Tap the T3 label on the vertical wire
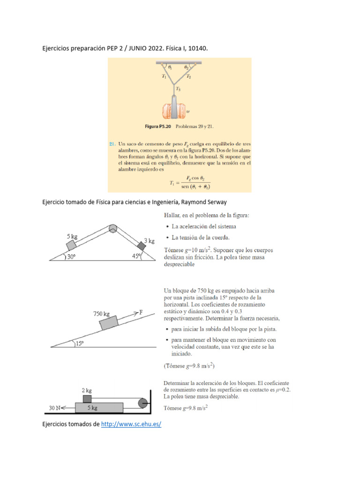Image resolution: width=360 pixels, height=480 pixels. click(179, 88)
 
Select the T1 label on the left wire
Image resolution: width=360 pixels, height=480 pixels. click(164, 76)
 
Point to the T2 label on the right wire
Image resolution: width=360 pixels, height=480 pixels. click(188, 76)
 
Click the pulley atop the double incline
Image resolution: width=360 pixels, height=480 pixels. click(113, 229)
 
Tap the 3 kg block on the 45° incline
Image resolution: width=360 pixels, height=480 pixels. click(141, 246)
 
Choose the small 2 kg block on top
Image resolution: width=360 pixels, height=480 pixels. click(88, 399)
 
